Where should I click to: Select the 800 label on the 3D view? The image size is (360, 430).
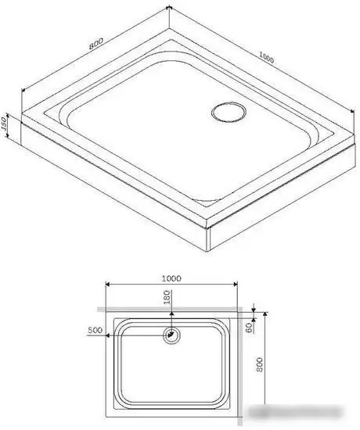[95, 44]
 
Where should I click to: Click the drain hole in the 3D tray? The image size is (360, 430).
[228, 110]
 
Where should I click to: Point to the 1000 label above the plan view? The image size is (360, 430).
[171, 278]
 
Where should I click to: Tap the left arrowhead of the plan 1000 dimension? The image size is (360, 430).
[109, 285]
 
